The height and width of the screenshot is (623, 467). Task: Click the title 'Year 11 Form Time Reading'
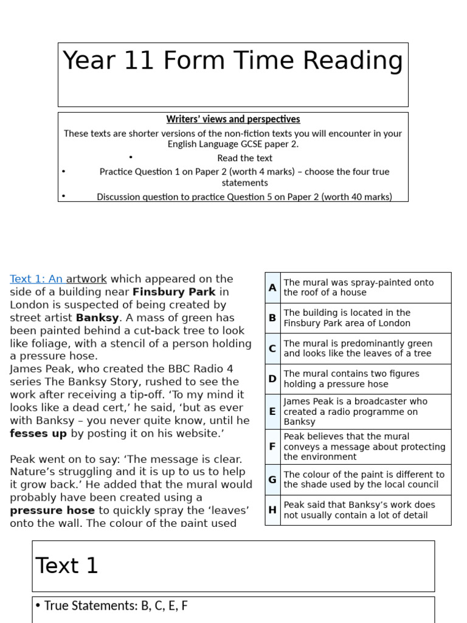233,61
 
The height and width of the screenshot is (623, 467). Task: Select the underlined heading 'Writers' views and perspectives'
233,119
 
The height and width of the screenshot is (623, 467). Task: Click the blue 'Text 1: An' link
36,279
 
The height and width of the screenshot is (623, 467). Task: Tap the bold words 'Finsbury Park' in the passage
174,292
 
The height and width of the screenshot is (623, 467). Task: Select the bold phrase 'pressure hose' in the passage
52,510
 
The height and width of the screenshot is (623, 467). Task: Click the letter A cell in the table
272,287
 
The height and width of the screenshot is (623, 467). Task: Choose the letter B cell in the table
272,318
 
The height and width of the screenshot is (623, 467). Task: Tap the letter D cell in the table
272,378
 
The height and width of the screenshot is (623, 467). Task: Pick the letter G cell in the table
272,479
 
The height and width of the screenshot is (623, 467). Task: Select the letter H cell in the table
272,510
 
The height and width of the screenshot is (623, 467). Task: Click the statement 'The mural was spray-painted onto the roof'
359,287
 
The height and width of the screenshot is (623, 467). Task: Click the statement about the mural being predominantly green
358,349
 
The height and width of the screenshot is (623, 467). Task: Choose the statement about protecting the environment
364,447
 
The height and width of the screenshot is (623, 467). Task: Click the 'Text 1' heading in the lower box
67,566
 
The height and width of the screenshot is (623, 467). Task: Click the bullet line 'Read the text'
244,158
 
